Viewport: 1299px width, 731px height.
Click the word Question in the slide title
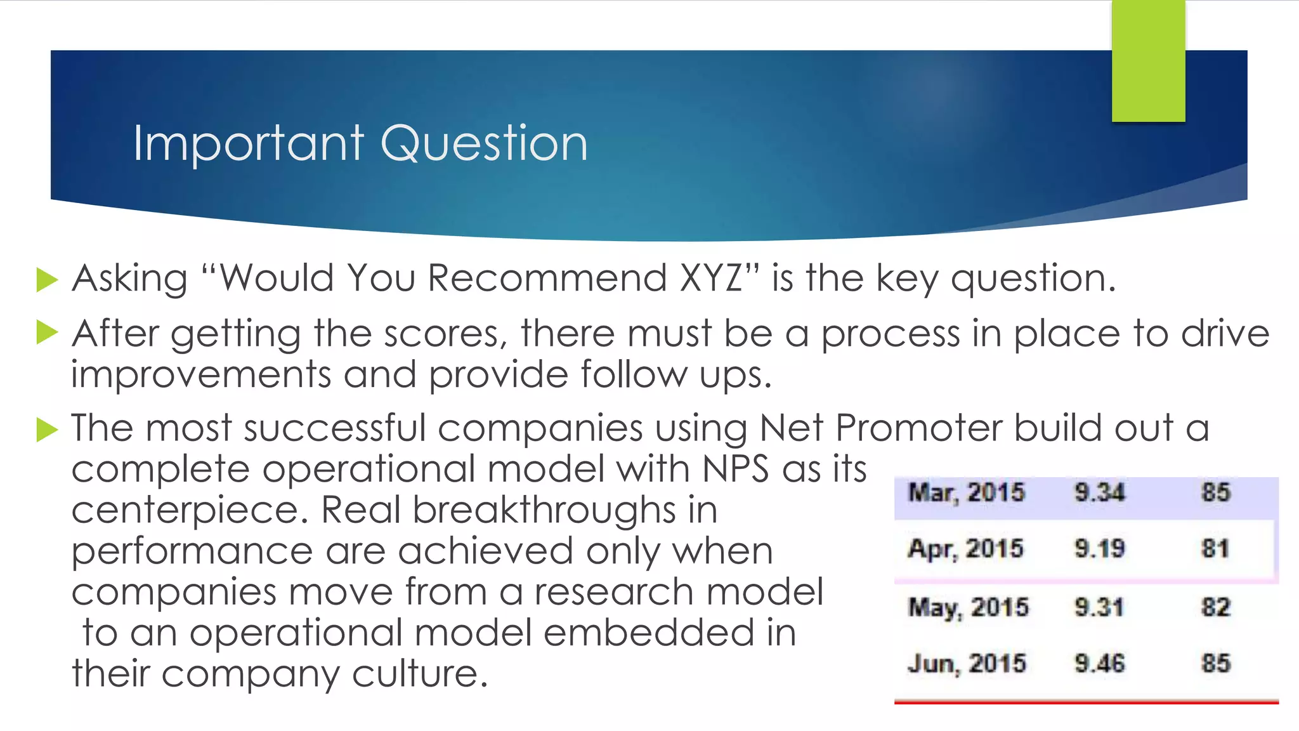pos(484,144)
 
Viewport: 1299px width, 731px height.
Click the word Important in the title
pos(248,144)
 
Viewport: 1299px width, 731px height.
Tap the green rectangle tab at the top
pos(1148,60)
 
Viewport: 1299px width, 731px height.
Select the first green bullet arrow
pos(47,280)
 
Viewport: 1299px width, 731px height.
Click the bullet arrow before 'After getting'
pos(47,333)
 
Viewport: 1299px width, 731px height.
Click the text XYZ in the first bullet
pos(710,279)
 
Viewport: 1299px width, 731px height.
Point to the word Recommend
pos(547,279)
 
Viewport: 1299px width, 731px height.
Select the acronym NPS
pos(736,469)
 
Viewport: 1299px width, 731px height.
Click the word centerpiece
pos(190,511)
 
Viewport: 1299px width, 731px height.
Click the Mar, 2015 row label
pos(966,493)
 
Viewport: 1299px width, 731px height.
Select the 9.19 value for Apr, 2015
pos(1099,549)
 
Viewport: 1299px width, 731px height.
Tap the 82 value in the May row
pos(1215,607)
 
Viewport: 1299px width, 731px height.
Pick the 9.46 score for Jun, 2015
pos(1099,664)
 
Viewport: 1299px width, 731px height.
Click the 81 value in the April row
pos(1215,549)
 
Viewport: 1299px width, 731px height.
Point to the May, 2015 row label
pos(968,607)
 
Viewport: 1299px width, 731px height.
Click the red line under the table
pos(1086,702)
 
